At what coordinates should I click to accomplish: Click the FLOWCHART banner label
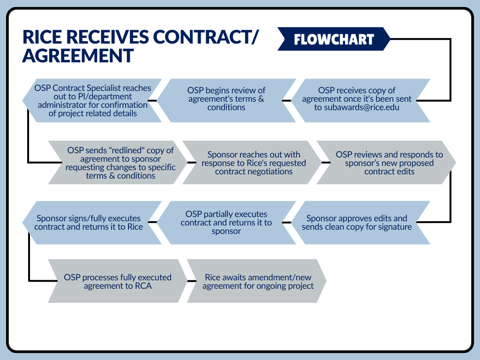click(x=334, y=39)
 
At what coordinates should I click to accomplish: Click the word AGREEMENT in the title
click(x=78, y=56)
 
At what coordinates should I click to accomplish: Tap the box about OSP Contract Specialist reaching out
click(x=92, y=100)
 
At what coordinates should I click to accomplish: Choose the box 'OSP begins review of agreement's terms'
click(x=226, y=99)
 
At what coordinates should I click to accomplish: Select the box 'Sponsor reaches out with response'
click(x=254, y=163)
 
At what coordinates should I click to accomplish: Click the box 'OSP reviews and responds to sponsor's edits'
click(x=389, y=163)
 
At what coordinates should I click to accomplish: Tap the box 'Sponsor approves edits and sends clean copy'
click(x=357, y=223)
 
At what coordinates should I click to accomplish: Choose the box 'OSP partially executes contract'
click(x=226, y=223)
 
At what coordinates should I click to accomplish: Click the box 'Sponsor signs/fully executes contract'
click(x=89, y=223)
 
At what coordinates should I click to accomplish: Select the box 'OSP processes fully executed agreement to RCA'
click(x=118, y=281)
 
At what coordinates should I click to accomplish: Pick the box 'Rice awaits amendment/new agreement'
click(x=258, y=281)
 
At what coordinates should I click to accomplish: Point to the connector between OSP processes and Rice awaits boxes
click(x=191, y=281)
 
